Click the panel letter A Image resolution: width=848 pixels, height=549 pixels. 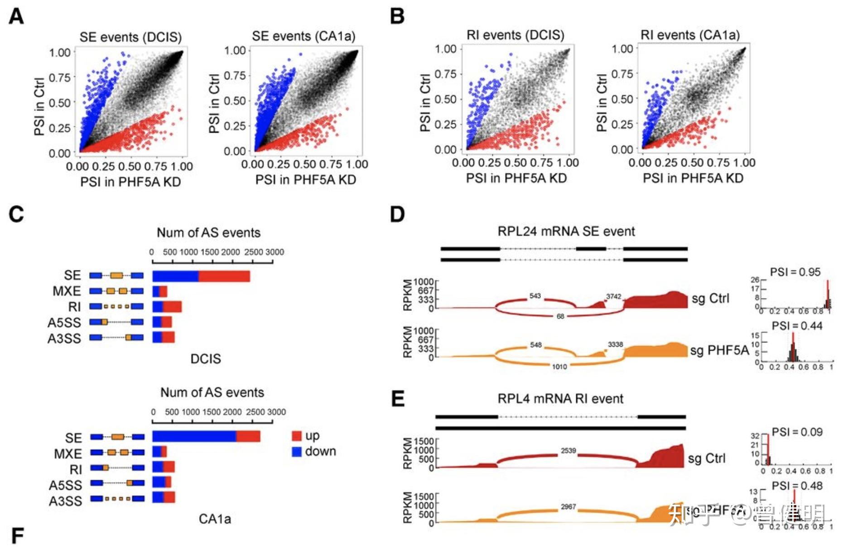click(16, 17)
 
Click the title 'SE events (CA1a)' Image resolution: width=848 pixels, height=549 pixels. click(304, 36)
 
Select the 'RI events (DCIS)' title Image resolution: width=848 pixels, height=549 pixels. click(515, 35)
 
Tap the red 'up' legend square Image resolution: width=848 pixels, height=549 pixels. click(297, 436)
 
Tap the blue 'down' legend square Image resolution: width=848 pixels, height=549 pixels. click(297, 452)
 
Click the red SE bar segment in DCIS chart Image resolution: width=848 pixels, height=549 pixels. click(224, 276)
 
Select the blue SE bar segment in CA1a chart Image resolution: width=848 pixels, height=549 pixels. click(194, 436)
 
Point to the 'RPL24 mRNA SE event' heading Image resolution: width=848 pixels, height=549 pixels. click(566, 231)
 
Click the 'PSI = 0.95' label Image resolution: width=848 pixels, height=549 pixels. click(795, 272)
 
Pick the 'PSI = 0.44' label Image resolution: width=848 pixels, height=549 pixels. click(797, 326)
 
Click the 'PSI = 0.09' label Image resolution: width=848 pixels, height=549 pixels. click(797, 432)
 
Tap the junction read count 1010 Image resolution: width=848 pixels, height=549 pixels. click(559, 366)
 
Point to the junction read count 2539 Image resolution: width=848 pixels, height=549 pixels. click(568, 451)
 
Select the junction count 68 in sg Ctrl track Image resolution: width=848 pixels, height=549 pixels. click(560, 316)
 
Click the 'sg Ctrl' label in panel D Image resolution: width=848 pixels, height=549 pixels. click(710, 299)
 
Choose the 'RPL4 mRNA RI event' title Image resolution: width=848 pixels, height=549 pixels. click(560, 399)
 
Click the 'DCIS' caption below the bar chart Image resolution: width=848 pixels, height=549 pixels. click(206, 359)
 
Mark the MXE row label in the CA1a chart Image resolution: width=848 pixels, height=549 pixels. click(68, 454)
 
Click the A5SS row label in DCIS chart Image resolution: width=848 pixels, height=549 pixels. click(64, 323)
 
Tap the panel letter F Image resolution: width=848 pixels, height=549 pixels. click(17, 536)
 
